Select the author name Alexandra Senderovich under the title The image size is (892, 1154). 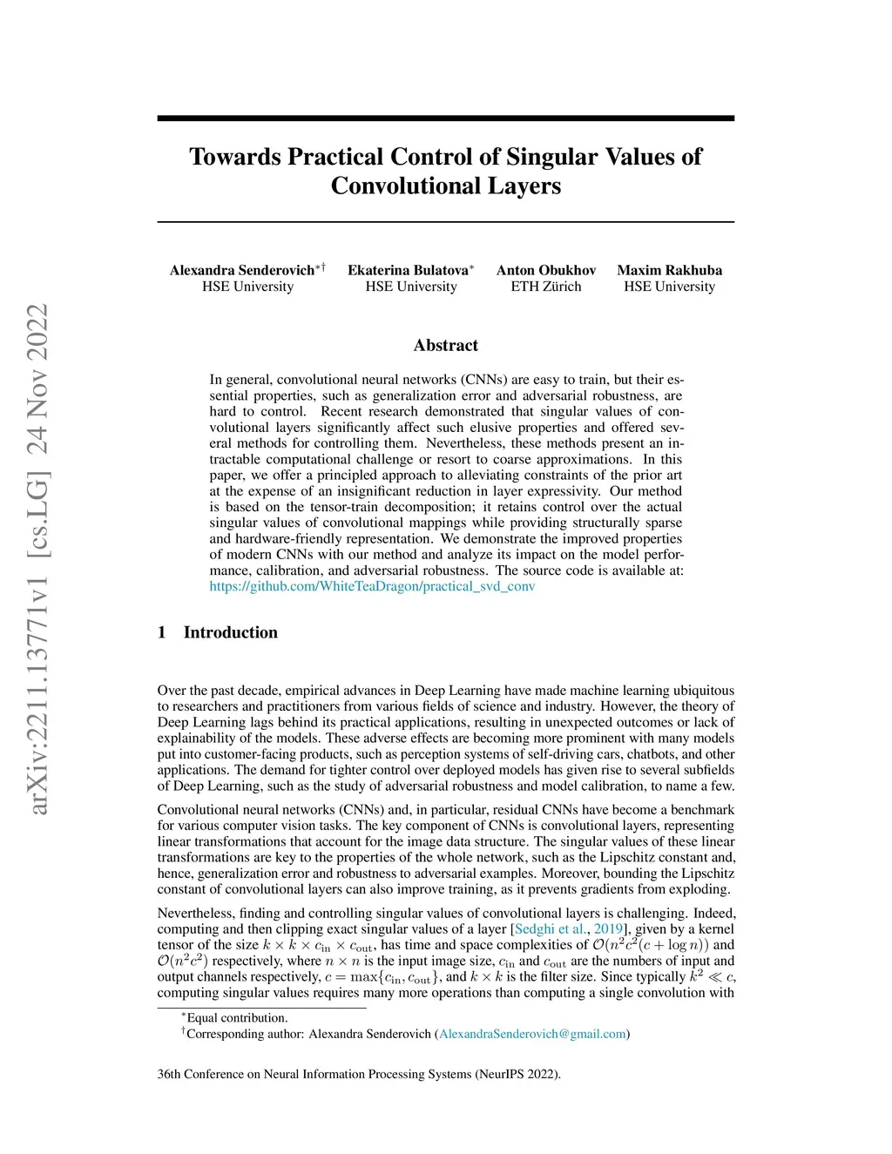coord(242,270)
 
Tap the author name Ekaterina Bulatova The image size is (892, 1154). coord(408,270)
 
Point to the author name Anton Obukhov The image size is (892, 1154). coord(546,270)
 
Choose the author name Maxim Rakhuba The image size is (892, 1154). coord(669,270)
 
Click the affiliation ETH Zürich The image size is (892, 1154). coord(546,287)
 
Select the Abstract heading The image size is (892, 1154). coord(446,346)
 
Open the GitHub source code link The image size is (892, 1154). coord(372,586)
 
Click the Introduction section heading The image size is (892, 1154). coord(230,632)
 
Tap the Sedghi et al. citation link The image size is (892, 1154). coord(550,929)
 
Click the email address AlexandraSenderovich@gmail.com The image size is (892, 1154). coord(532,1034)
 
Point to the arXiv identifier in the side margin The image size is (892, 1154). coord(37,557)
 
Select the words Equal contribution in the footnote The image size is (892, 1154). coord(237,1018)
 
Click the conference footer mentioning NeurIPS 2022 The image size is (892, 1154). coord(359,1074)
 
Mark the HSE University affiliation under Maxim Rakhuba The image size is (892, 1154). coord(669,287)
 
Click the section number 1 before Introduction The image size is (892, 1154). coord(162,632)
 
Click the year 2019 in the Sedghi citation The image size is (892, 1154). coord(608,929)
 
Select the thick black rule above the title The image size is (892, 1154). coord(446,118)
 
